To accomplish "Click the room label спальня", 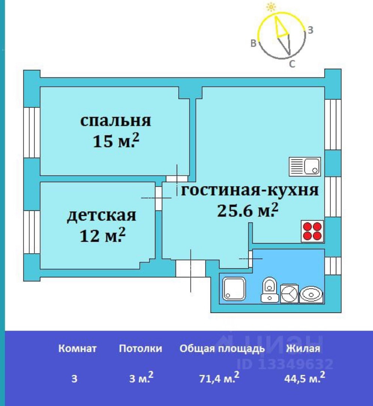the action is pyautogui.click(x=115, y=121).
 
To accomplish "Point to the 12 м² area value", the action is pyautogui.click(x=102, y=236).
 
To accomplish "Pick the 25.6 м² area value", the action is pyautogui.click(x=248, y=210).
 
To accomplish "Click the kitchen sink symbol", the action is pyautogui.click(x=305, y=167).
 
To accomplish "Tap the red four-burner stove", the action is pyautogui.click(x=312, y=232).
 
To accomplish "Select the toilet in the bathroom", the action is pyautogui.click(x=270, y=290).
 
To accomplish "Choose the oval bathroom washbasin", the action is pyautogui.click(x=311, y=293).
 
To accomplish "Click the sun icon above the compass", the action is pyautogui.click(x=270, y=7).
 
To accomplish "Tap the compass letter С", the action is pyautogui.click(x=292, y=64).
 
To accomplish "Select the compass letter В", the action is pyautogui.click(x=254, y=44).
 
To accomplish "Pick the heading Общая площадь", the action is pyautogui.click(x=222, y=349).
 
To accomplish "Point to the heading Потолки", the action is pyautogui.click(x=140, y=349).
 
